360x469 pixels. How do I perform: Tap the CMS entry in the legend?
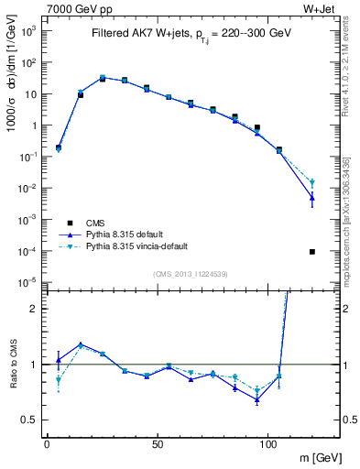96,223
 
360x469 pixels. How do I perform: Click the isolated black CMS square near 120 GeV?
312,252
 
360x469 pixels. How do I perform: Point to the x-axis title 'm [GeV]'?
319,456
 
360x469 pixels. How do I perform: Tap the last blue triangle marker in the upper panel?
312,198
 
